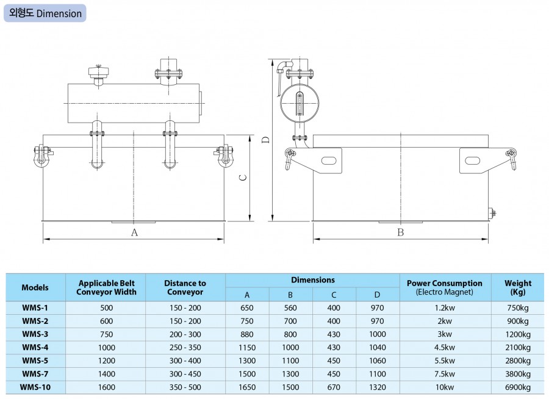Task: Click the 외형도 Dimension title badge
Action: tap(45, 13)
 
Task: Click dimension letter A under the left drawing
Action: tap(135, 232)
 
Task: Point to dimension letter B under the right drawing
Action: tap(401, 232)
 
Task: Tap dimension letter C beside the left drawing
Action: tap(242, 178)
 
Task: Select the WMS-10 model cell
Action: tap(35, 386)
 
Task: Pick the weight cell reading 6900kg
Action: tap(518, 386)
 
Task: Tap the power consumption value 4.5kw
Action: tap(445, 348)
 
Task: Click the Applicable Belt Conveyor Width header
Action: tap(107, 287)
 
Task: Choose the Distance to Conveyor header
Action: tap(185, 287)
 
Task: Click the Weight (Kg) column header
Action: tap(518, 287)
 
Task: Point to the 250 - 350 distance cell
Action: tap(185, 348)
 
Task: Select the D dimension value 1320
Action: tap(378, 386)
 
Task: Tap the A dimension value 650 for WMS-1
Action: tap(247, 308)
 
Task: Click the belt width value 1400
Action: tap(107, 373)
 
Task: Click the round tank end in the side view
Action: tap(300, 101)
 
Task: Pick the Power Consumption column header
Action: tap(445, 287)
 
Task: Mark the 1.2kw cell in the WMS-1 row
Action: tap(445, 308)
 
